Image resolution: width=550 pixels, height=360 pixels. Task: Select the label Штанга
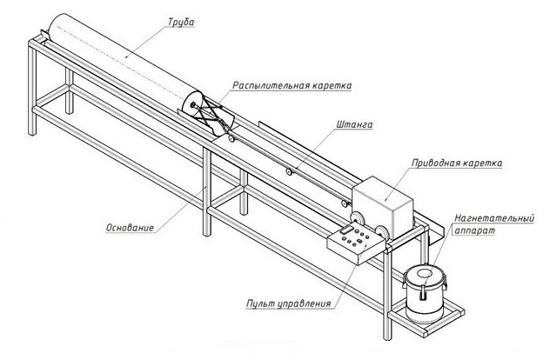351,125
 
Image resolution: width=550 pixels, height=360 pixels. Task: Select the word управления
305,304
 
